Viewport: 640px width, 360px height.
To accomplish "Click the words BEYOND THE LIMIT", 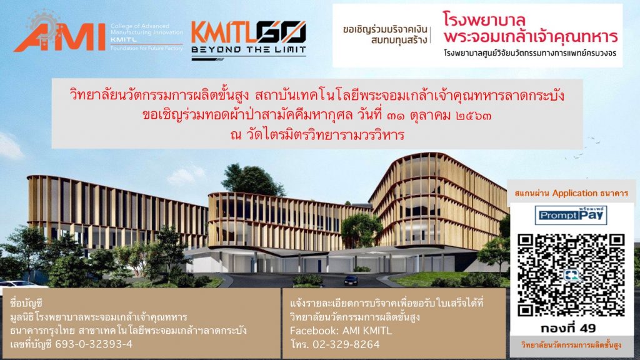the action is [249, 50].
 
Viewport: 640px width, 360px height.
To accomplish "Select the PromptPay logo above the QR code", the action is [571, 215].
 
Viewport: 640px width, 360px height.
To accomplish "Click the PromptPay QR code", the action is [571, 276].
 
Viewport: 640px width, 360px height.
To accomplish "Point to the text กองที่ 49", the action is [568, 328].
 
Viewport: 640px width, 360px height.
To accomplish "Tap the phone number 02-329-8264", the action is [346, 345].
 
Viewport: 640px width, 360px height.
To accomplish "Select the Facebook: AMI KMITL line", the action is [341, 331].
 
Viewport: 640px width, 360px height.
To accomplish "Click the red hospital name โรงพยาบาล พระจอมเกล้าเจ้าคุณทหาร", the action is [530, 27].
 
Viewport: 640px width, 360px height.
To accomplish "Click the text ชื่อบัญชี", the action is [26, 303].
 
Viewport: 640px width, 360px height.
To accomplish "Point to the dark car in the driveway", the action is [351, 280].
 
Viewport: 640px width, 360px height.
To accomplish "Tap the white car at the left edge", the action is [18, 284].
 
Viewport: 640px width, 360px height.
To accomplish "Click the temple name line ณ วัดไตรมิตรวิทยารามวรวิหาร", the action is [317, 134].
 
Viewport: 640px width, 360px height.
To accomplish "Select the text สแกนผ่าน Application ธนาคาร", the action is [571, 193].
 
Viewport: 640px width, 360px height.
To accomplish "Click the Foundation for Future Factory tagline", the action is [146, 48].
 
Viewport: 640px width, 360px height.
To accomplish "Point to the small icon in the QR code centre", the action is [571, 276].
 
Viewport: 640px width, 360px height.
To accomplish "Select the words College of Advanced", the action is [139, 26].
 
